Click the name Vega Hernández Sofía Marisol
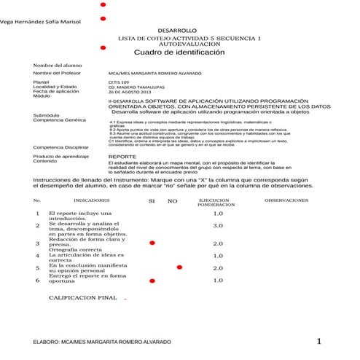[x=39, y=23]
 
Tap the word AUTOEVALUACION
[x=188, y=44]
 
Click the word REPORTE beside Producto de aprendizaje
[x=120, y=156]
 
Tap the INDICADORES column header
[x=92, y=199]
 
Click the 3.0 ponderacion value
[x=217, y=226]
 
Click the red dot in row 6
[x=152, y=280]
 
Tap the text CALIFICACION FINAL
[x=82, y=298]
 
